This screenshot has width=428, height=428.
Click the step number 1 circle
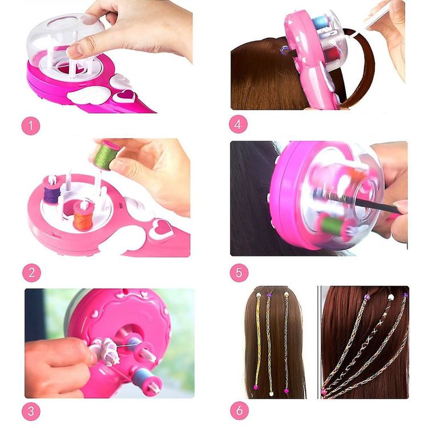click(31, 126)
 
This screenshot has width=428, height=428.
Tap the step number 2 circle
click(31, 273)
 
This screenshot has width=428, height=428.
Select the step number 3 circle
click(31, 411)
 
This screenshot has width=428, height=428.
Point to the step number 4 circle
click(238, 124)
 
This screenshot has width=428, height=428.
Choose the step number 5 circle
click(239, 272)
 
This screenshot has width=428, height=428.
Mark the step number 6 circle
click(239, 410)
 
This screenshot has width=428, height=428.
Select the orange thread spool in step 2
click(83, 215)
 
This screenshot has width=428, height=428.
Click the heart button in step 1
click(124, 96)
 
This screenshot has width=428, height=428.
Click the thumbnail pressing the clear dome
click(75, 50)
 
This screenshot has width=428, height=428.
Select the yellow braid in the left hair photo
click(257, 341)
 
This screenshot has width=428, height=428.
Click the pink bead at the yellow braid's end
click(256, 387)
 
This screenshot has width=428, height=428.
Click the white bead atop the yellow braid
click(258, 295)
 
